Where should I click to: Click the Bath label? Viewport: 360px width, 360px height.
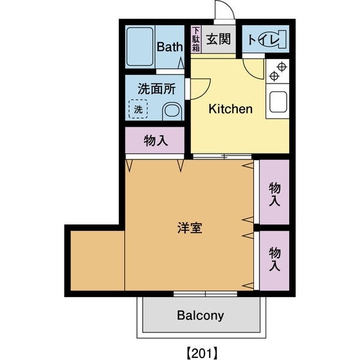point(170,46)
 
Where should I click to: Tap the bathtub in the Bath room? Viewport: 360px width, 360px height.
point(139,46)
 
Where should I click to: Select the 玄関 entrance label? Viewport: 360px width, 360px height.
point(219,39)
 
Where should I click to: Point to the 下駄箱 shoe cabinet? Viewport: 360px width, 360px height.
point(197,40)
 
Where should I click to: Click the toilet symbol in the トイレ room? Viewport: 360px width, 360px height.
point(273,40)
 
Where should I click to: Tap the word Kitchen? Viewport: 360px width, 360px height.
point(230,109)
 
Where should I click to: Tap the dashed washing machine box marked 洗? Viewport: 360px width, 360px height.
point(138,109)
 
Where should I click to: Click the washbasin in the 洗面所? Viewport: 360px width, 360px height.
point(170,111)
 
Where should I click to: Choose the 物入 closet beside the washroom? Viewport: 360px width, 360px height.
point(156,141)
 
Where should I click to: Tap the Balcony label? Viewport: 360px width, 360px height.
point(201,316)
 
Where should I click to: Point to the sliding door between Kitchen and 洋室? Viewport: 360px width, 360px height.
point(222,156)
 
